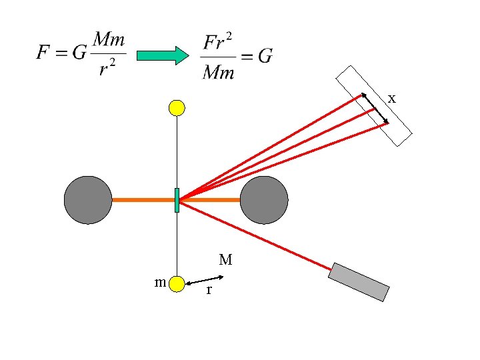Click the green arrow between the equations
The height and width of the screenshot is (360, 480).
(163, 55)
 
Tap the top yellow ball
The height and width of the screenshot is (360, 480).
(177, 108)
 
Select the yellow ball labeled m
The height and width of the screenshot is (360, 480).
(177, 284)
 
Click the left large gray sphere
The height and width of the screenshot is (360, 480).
(88, 200)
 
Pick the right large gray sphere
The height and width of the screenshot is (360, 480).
(264, 200)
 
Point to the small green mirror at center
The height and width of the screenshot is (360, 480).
(177, 200)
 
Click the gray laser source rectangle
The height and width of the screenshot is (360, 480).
(359, 282)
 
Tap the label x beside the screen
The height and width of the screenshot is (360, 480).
(392, 99)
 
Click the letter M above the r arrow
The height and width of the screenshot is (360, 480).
(225, 259)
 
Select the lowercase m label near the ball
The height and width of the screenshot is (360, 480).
(160, 282)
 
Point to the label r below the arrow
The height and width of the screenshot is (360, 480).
(209, 289)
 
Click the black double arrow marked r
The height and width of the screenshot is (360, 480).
(205, 281)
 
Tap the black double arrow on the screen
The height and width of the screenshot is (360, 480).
(375, 108)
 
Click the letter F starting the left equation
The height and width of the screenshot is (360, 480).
(43, 52)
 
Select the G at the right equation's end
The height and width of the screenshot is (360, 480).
(265, 56)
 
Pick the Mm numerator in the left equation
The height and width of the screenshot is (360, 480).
(109, 39)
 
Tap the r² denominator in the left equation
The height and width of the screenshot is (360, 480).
(107, 67)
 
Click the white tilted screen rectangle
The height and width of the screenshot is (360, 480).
(374, 106)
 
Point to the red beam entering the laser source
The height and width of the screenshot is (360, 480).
(255, 235)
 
